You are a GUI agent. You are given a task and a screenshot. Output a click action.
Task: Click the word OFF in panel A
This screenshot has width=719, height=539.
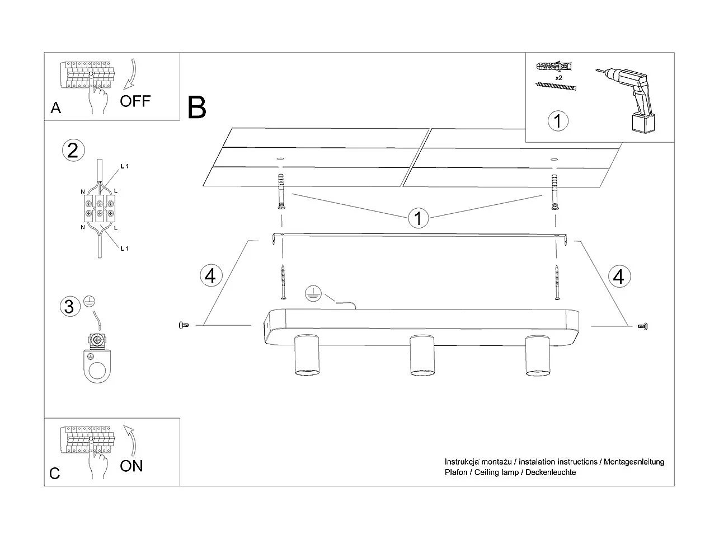(x=135, y=101)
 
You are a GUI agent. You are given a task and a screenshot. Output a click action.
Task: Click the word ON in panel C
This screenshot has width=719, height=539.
(x=131, y=466)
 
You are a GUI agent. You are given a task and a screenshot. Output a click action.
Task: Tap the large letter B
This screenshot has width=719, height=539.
(x=197, y=107)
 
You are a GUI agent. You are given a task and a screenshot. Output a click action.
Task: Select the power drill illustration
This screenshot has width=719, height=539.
(x=629, y=100)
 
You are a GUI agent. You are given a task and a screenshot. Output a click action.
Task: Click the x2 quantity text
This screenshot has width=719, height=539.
(x=558, y=77)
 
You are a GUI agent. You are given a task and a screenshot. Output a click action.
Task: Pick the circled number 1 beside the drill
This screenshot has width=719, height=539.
(x=558, y=121)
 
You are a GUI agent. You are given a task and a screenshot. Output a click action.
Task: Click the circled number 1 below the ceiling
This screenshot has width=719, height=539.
(x=418, y=218)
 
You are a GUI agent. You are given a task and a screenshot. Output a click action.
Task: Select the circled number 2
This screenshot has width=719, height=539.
(x=73, y=151)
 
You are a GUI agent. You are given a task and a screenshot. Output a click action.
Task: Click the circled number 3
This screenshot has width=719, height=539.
(x=69, y=307)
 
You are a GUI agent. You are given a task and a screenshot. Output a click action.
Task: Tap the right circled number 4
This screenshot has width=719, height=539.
(x=619, y=276)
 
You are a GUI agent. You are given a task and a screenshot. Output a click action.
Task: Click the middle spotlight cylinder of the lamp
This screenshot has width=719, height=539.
(x=422, y=355)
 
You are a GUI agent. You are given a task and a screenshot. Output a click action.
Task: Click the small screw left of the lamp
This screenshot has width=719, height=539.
(x=183, y=325)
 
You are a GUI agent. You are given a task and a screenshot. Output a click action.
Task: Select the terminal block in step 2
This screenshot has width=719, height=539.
(x=99, y=208)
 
